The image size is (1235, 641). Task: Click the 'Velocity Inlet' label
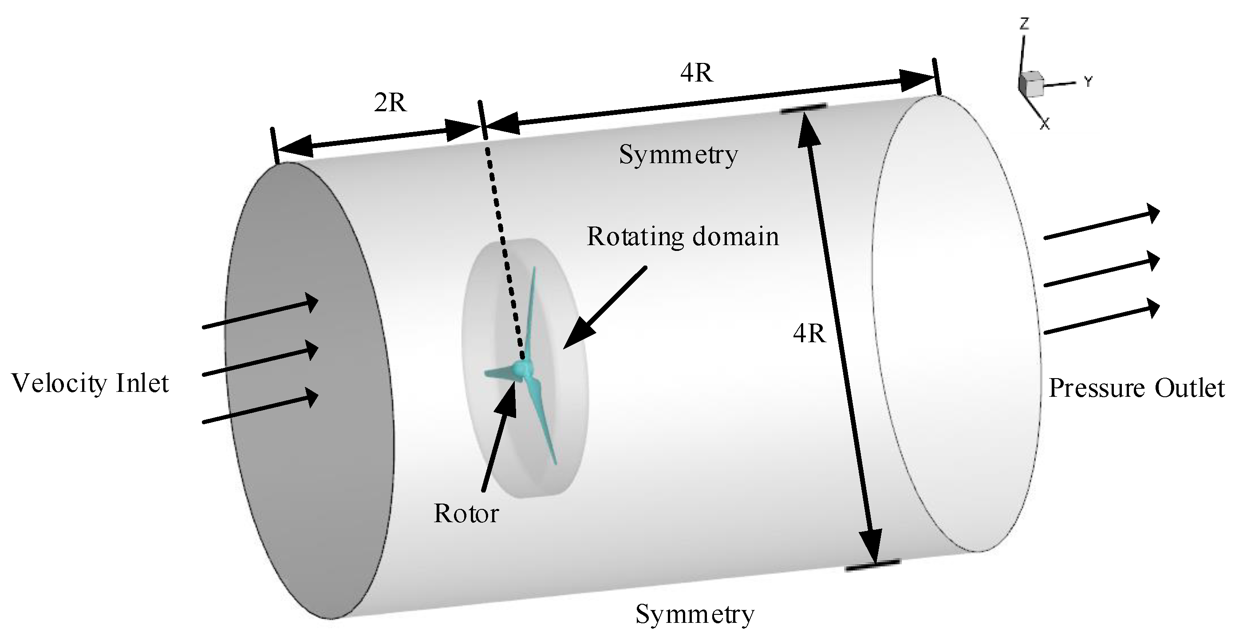[90, 383]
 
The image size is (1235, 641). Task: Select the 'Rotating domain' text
[683, 237]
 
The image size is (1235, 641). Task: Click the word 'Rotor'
[466, 514]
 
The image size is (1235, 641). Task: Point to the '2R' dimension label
[390, 102]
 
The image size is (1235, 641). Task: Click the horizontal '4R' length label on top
[697, 73]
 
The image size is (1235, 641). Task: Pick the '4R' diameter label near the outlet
[810, 333]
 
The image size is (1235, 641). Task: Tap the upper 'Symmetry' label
[678, 155]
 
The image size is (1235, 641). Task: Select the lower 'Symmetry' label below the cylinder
[694, 614]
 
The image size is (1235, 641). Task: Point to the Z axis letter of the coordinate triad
[1025, 23]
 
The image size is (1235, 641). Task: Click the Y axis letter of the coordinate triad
[1088, 82]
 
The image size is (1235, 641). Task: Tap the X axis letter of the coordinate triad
[1045, 125]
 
